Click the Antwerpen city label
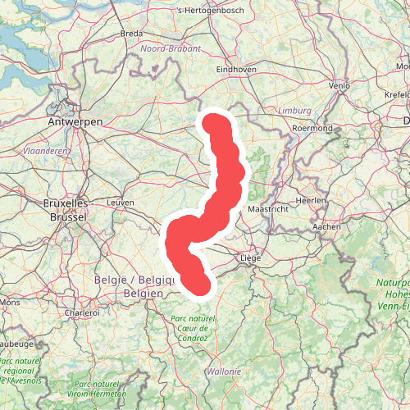pyautogui.click(x=75, y=121)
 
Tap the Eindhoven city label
pyautogui.click(x=236, y=71)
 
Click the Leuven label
pyautogui.click(x=120, y=202)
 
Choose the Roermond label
pyautogui.click(x=312, y=129)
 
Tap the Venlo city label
pyautogui.click(x=339, y=85)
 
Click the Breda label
pyautogui.click(x=131, y=34)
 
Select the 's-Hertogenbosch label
pyautogui.click(x=209, y=11)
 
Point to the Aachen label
pyautogui.click(x=326, y=226)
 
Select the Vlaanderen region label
pyautogui.click(x=47, y=152)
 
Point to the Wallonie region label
pyautogui.click(x=223, y=371)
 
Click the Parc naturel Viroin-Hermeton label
pyautogui.click(x=102, y=388)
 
